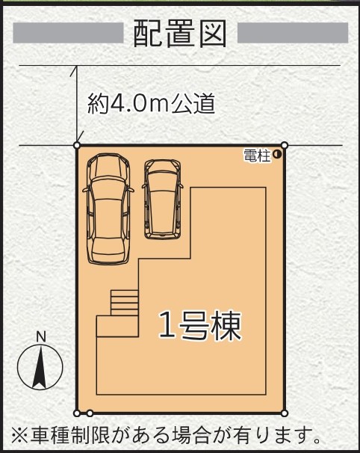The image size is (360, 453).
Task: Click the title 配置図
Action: coord(180,34)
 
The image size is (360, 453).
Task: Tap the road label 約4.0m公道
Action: coord(152,103)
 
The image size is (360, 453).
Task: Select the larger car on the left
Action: coord(108,209)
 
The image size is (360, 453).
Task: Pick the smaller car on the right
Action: coord(163,200)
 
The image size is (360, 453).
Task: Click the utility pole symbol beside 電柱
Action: coord(277,155)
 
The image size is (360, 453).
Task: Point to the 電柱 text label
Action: coord(257,155)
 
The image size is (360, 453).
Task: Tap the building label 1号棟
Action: coord(199,326)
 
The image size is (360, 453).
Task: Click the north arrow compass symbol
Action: coord(40,367)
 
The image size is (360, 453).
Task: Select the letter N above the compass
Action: coord(41,337)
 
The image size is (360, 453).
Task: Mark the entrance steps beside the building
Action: coord(125,303)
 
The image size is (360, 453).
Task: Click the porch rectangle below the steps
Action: coord(117,326)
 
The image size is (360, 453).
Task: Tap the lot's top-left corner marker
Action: coord(77,145)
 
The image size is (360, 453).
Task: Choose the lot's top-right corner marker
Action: coord(285,145)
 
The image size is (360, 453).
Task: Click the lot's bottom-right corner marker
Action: coord(285,413)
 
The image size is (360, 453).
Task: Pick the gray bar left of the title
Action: coord(68,33)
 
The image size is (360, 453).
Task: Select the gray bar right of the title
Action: coord(293,33)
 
